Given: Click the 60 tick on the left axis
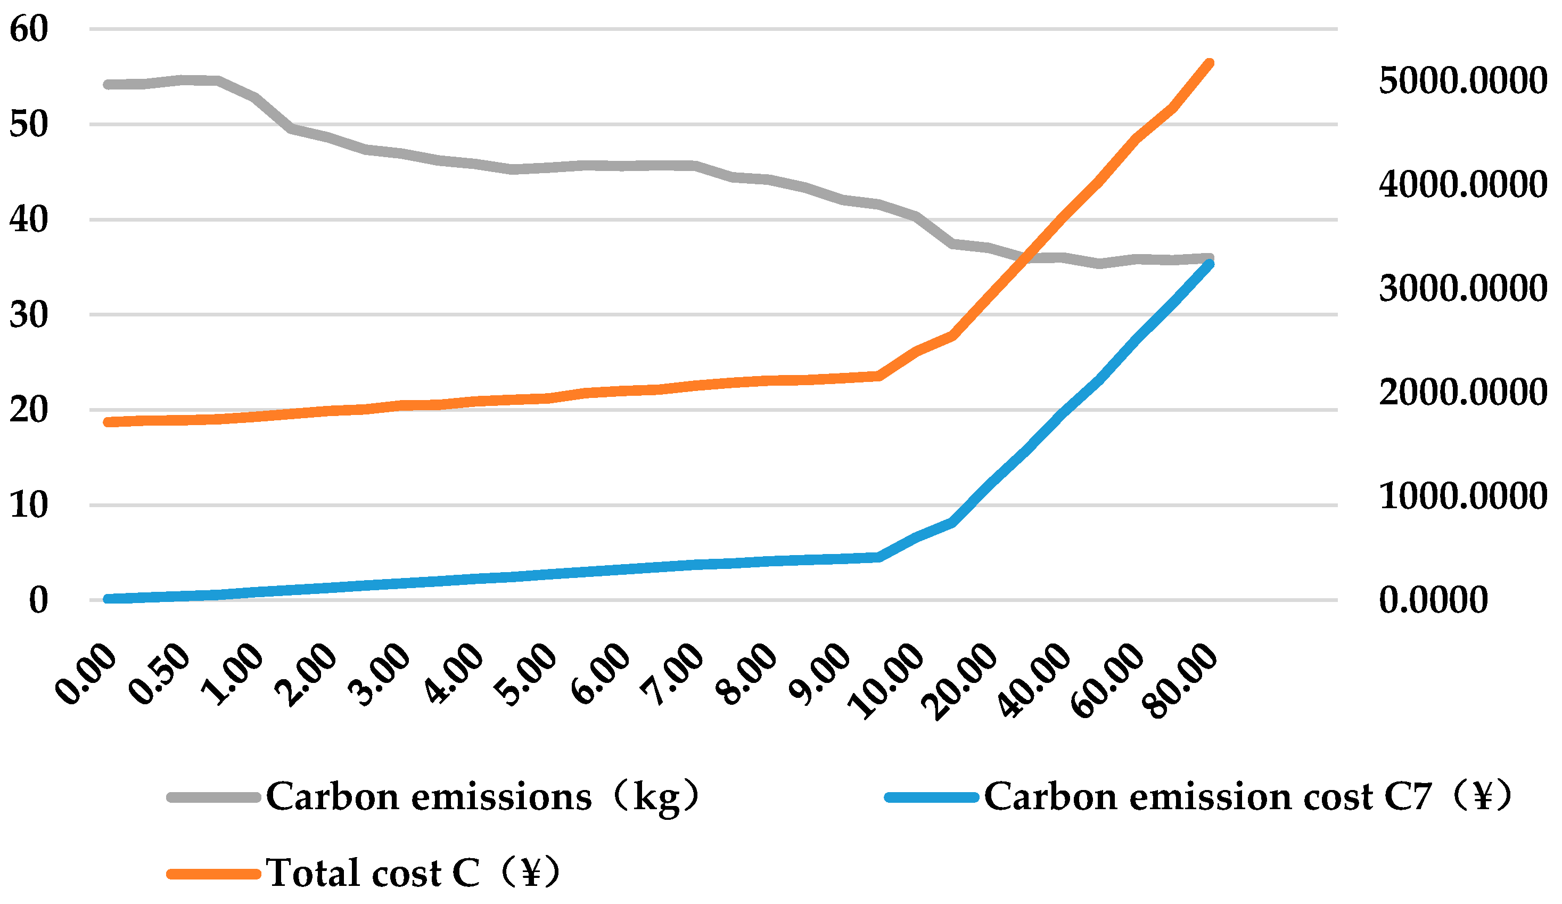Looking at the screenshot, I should coord(29,29).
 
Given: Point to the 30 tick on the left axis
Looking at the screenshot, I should coord(29,315).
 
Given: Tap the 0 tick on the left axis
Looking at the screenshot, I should coord(38,600).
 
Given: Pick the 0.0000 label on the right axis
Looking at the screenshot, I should coord(1433,600).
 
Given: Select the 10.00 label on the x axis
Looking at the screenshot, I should coord(887,681).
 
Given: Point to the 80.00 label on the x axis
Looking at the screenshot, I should coord(1182,681).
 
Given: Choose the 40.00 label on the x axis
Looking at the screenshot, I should coord(1034,681).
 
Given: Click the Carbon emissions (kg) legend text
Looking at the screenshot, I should coord(482,796).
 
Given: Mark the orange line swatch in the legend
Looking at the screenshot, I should coord(213,874).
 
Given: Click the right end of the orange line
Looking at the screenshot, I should coord(1209,63).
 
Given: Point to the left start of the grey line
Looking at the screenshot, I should coord(109,84).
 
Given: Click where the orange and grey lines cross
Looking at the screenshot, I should coord(1027,256).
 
